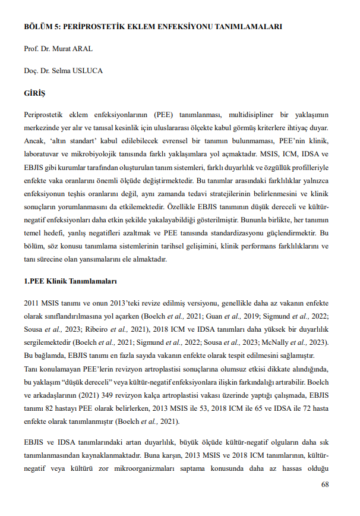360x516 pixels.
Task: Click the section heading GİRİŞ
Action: (34, 93)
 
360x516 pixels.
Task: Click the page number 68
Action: (324, 485)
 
